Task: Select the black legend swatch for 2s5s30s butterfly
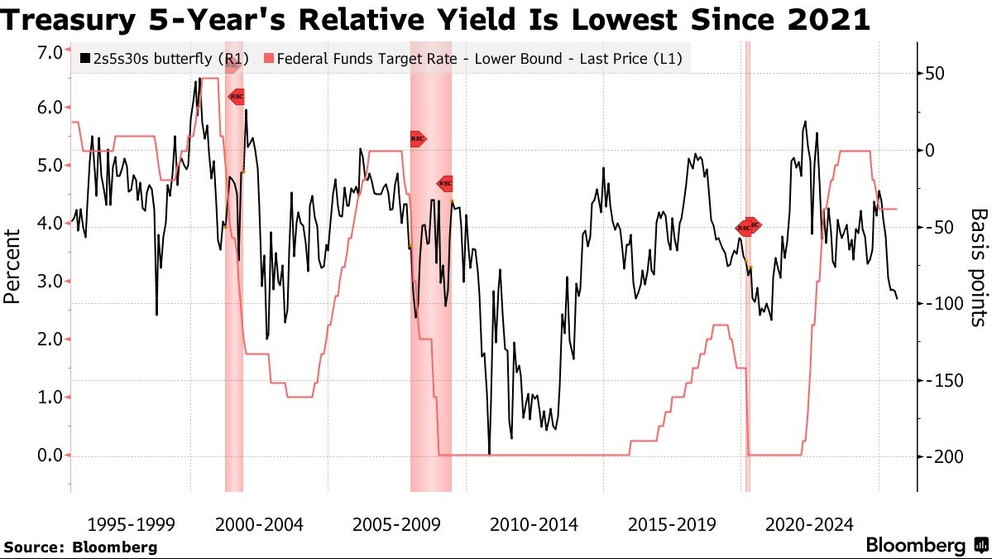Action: coord(85,60)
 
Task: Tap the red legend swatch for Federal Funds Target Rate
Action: coord(268,60)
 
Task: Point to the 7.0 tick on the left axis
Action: coord(50,52)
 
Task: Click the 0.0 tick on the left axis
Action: coord(50,455)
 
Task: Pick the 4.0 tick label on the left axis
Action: coord(50,223)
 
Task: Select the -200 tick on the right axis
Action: coord(940,456)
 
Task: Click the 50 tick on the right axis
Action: coord(935,74)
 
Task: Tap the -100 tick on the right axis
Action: coord(940,304)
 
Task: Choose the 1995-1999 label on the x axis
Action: coord(131,524)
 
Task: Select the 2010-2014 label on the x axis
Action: coord(534,524)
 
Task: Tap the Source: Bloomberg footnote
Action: coord(80,547)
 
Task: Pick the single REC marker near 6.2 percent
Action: coord(237,97)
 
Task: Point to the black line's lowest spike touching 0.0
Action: coord(489,452)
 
